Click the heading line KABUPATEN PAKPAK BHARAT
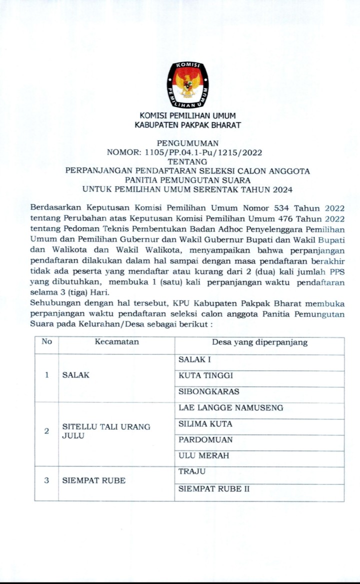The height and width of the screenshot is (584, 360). tap(188, 125)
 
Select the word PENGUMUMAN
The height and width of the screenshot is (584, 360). tap(188, 143)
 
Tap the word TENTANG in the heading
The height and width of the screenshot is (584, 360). tap(188, 161)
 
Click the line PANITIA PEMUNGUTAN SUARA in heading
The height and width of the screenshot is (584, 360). tap(188, 180)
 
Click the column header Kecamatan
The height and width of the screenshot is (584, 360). tap(116, 342)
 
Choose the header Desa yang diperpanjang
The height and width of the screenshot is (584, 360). tap(259, 342)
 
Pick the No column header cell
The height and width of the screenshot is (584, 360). tap(46, 342)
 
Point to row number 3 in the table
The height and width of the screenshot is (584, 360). tap(46, 480)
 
